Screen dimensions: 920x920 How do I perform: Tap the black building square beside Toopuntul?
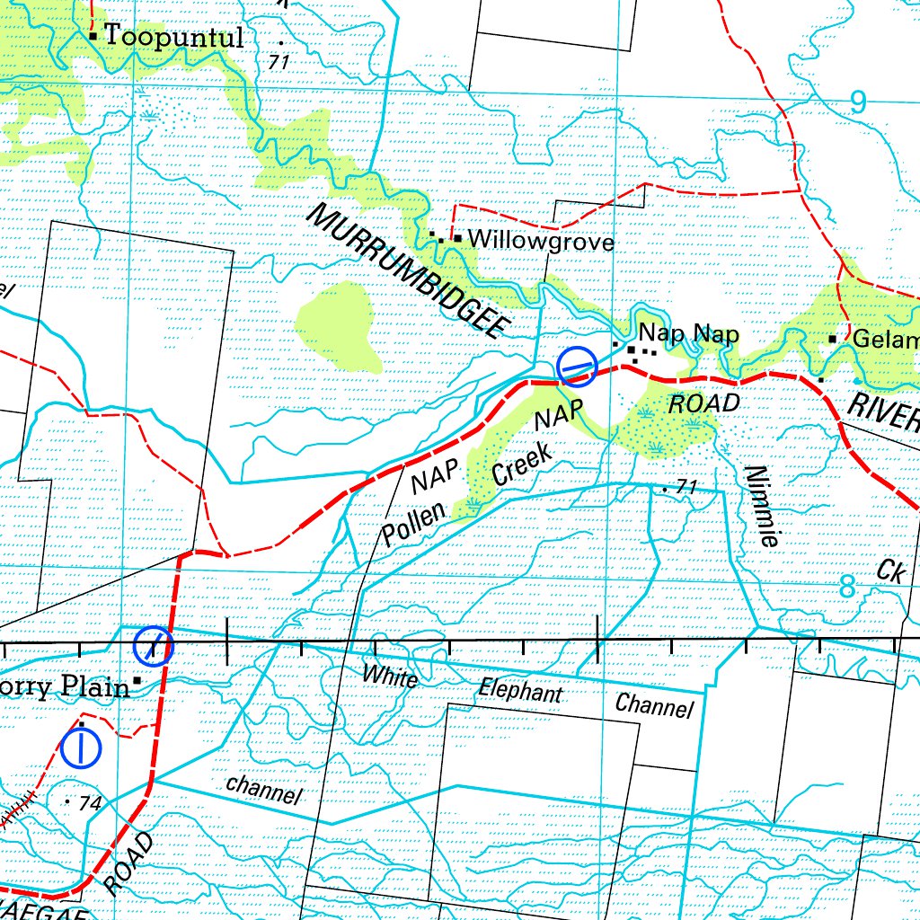tap(93, 37)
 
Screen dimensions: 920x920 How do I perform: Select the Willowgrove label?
tap(541, 242)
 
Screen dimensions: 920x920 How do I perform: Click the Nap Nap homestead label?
tap(688, 334)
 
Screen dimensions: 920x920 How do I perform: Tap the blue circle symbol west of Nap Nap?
tap(577, 367)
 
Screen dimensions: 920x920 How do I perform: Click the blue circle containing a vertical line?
tap(82, 748)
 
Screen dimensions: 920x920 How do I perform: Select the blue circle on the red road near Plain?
tap(154, 646)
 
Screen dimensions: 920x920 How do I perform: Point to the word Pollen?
tap(414, 526)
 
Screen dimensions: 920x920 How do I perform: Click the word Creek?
tap(521, 464)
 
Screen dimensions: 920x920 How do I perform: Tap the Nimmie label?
tap(762, 507)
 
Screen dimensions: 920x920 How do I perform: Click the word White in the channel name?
tap(390, 676)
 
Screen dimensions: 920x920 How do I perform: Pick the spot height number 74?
tap(89, 804)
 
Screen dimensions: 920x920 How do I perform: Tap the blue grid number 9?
tap(858, 104)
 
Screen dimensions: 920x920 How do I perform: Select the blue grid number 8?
tap(846, 588)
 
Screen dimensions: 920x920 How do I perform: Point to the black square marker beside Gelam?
tap(833, 339)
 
